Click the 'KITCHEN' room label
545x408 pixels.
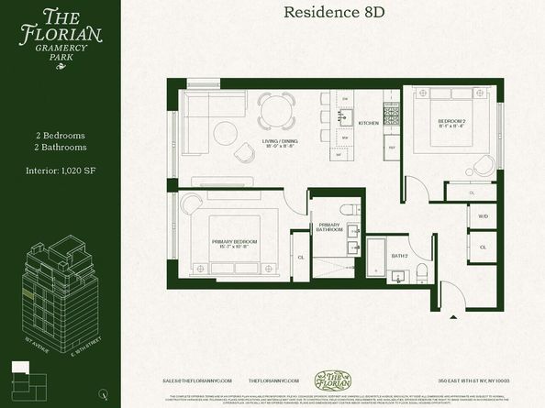click(368, 123)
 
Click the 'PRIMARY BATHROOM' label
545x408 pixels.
click(329, 227)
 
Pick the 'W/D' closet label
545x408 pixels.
click(483, 216)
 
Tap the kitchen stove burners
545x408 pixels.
click(391, 116)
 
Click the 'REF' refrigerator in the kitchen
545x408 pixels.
click(391, 147)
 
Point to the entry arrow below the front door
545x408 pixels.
click(455, 320)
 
